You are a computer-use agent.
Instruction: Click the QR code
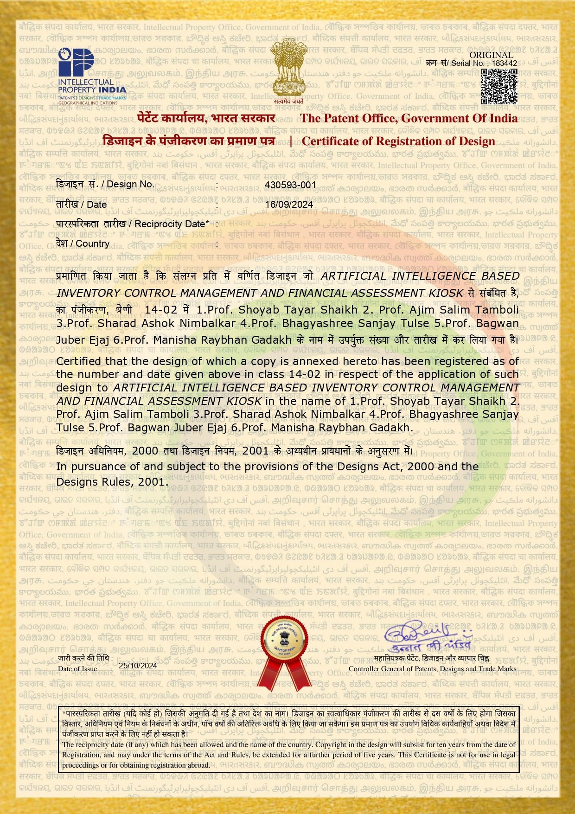[x=499, y=86]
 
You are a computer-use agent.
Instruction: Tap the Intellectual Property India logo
[x=91, y=76]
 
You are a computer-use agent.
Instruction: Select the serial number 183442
[x=505, y=63]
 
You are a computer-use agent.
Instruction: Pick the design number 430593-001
[x=290, y=185]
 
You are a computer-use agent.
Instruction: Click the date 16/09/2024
[x=289, y=205]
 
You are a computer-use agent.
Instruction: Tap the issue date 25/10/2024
[x=138, y=666]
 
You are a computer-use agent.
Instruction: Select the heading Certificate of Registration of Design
[x=398, y=141]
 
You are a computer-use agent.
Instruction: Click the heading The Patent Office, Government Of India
[x=409, y=118]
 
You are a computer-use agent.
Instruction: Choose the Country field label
[x=83, y=244]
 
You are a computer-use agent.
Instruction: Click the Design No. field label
[x=105, y=184]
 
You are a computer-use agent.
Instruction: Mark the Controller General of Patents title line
[x=432, y=669]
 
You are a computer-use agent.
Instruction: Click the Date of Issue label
[x=77, y=668]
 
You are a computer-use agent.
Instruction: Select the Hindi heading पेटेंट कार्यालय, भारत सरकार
[x=206, y=118]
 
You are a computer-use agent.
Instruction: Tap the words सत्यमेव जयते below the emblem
[x=288, y=101]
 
